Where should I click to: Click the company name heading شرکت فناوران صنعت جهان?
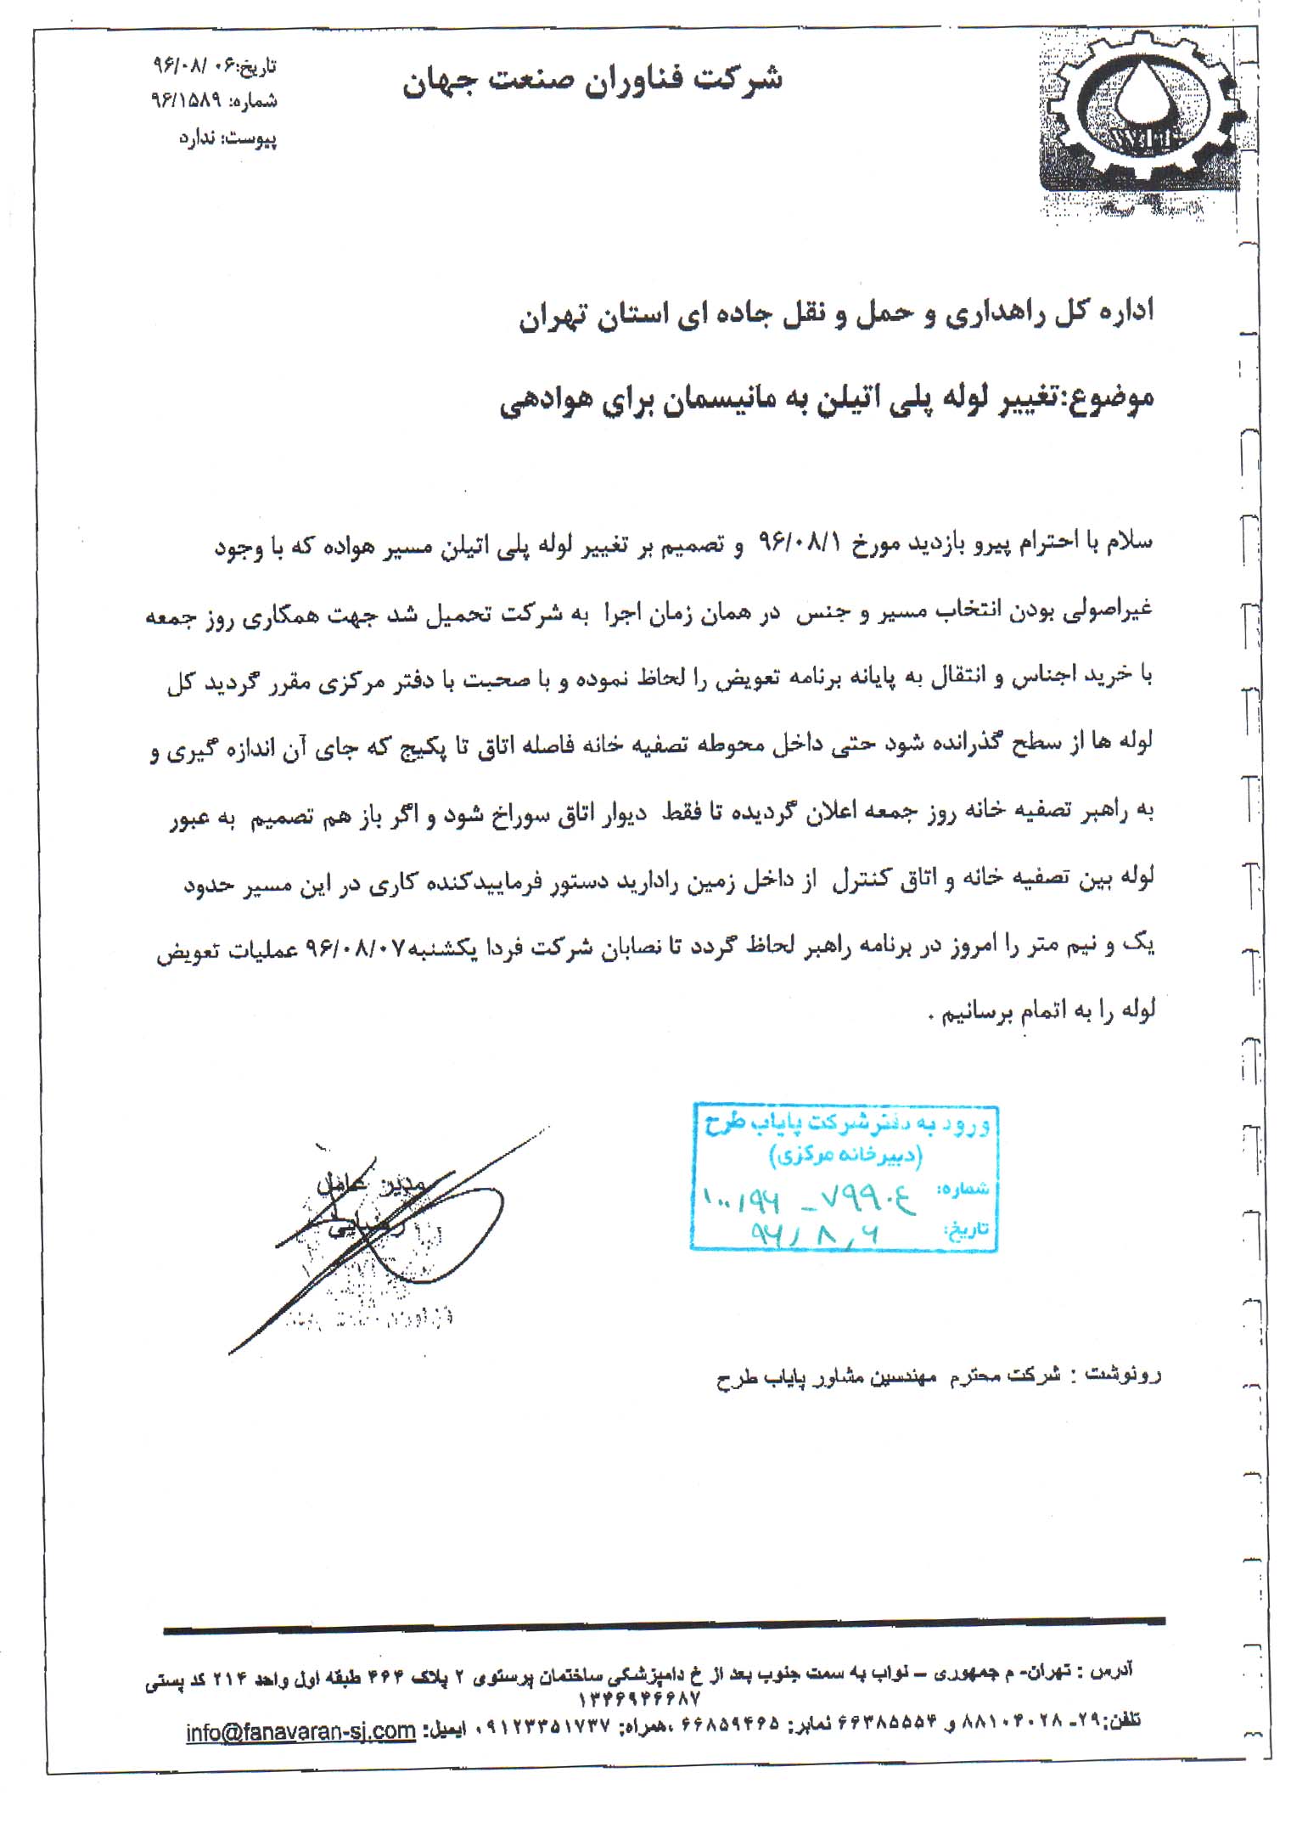(592, 81)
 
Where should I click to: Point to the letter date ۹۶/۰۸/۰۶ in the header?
(192, 65)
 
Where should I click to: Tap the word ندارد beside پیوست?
(198, 138)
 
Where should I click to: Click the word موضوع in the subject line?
(1115, 397)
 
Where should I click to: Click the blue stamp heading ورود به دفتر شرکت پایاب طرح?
(846, 1124)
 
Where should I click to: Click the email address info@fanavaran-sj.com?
(300, 1730)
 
